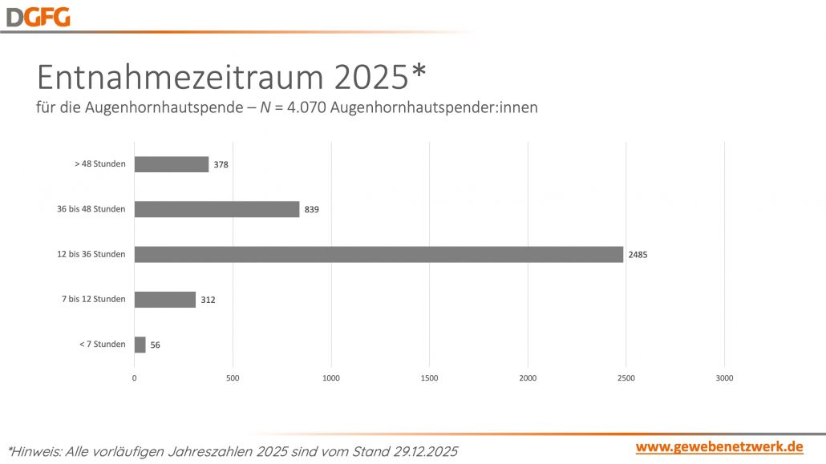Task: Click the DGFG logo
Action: (x=38, y=16)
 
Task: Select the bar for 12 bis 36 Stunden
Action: (x=379, y=254)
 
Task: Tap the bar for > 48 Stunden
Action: (x=171, y=164)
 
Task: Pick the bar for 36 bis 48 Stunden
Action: (x=217, y=209)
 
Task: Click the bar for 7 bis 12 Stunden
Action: (x=164, y=300)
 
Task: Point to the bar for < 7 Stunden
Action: (x=140, y=345)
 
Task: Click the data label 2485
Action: (x=638, y=255)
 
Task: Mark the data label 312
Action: (x=208, y=300)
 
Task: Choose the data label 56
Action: (x=156, y=345)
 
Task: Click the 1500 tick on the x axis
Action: (x=429, y=377)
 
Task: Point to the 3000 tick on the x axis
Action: (x=724, y=377)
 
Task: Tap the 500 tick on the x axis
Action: (x=233, y=377)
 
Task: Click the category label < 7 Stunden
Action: (x=103, y=345)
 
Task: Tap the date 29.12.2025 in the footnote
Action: (x=415, y=451)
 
